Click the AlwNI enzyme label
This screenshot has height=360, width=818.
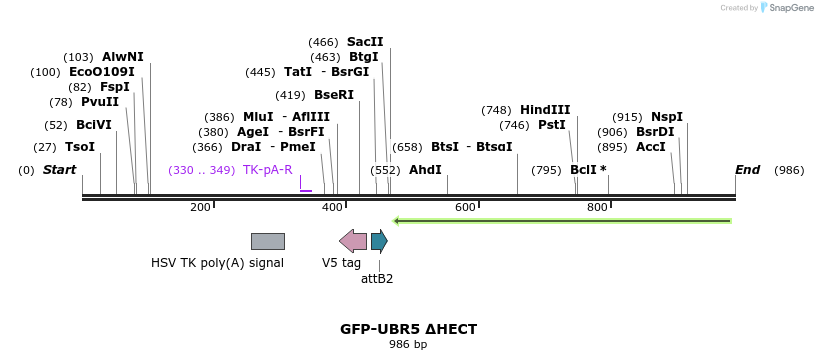coord(122,57)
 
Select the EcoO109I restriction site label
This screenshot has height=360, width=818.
coord(100,72)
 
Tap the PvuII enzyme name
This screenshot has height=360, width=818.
coord(99,102)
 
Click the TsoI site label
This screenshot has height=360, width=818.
coord(80,147)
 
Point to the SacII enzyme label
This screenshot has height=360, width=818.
coord(365,42)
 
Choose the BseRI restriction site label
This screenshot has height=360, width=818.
coord(334,95)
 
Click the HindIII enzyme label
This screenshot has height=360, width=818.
coord(545,110)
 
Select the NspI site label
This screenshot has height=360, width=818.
coord(667,117)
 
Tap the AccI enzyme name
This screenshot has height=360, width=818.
coord(651,147)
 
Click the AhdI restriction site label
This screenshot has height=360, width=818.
coord(425,170)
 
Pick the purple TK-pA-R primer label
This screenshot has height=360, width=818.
coord(267,170)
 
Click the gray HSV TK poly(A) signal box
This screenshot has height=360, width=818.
coord(267,241)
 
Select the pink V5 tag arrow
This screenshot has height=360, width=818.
coord(353,240)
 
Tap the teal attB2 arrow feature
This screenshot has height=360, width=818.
coord(379,240)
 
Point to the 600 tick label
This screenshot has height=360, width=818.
coord(465,207)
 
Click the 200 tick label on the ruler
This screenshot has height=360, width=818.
coord(200,207)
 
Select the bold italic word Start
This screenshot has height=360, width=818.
coord(59,170)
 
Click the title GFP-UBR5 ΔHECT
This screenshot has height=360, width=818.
coord(408,329)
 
